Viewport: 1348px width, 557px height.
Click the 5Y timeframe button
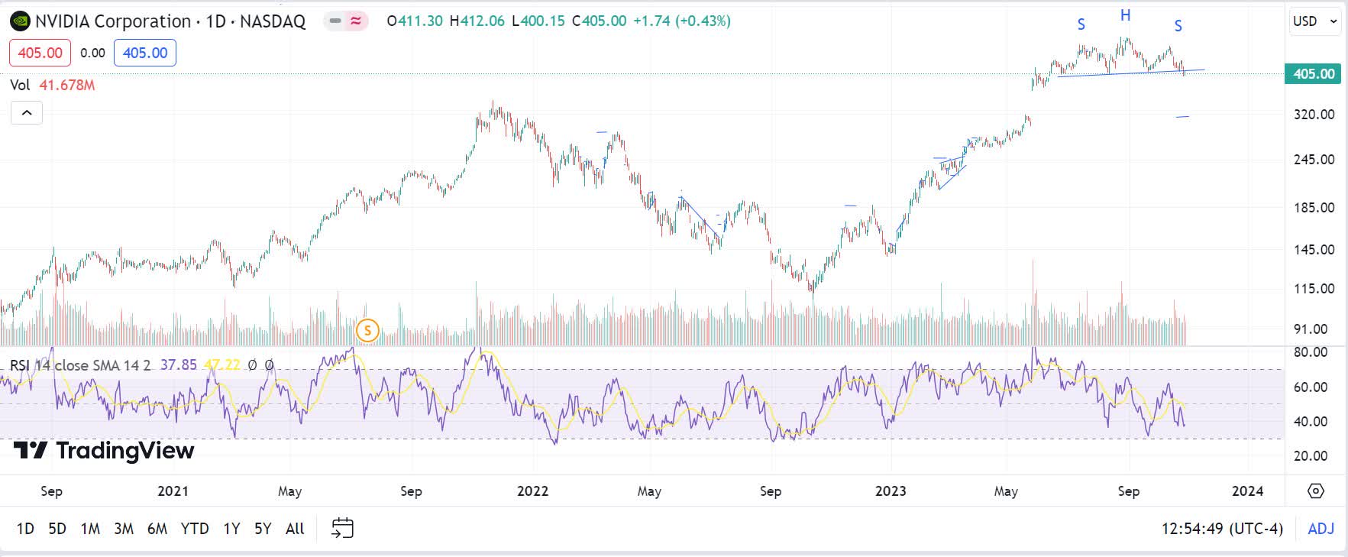262,529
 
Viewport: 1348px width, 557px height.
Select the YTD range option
195,529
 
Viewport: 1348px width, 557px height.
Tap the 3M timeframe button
123,529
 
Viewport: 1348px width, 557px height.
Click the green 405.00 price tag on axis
1313,74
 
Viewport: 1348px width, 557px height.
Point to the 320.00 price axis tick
1314,115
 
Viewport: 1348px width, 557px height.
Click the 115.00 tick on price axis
1314,289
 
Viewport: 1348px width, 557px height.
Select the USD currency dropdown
1314,21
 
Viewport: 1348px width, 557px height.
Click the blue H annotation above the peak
1125,15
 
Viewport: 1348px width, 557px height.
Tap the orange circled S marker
367,331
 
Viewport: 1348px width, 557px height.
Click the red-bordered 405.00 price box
40,53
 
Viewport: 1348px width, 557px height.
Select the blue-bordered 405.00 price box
145,53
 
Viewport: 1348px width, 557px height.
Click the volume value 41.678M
67,85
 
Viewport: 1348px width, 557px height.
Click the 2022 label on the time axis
532,491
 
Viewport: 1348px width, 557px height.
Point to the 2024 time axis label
1247,491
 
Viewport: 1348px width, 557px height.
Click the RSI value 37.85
178,365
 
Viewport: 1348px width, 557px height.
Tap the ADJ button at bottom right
1321,529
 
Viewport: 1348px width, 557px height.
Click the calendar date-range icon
342,528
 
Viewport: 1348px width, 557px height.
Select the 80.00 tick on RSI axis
1310,352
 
